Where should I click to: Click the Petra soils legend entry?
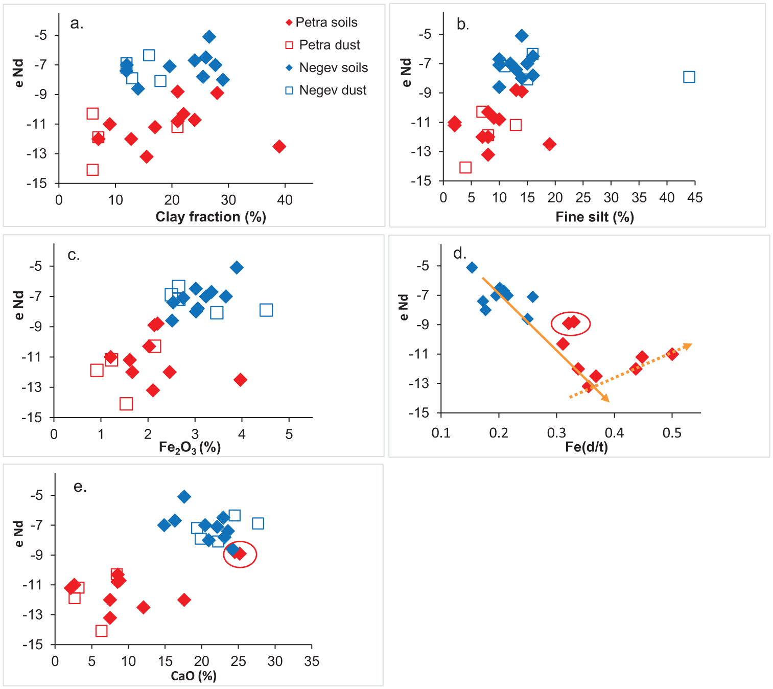tap(322, 22)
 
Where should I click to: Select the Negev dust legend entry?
tap(326, 90)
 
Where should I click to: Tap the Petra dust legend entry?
tap(323, 44)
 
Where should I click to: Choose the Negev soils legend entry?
tap(327, 67)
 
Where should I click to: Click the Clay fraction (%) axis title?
tap(210, 217)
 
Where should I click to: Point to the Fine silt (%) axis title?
tap(595, 217)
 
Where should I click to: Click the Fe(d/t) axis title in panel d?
tap(587, 447)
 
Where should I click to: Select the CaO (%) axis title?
tap(194, 676)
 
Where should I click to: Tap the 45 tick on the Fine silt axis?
tap(694, 197)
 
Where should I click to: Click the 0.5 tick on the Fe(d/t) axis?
tap(672, 433)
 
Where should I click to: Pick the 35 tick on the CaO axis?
tap(311, 661)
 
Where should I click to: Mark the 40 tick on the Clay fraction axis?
tap(285, 200)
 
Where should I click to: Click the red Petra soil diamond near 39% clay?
tap(279, 146)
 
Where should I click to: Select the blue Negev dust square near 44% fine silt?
tap(689, 77)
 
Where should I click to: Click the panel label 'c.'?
tap(74, 255)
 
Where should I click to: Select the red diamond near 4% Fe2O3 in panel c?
tap(240, 379)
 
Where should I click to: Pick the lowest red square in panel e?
tap(101, 631)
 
